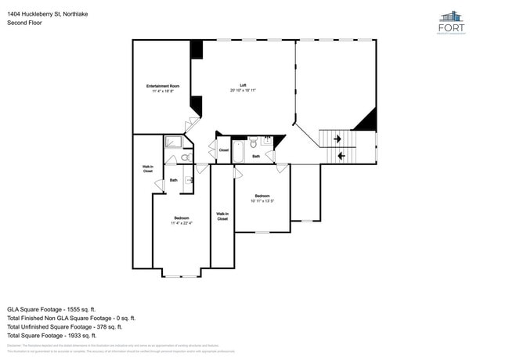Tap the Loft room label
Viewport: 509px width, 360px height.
point(243,88)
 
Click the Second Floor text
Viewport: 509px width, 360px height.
point(24,23)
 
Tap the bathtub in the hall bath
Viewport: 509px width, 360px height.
point(239,151)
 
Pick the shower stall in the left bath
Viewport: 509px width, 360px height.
point(172,142)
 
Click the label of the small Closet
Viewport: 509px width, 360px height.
point(223,149)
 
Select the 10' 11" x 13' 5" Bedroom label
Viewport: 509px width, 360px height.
point(262,198)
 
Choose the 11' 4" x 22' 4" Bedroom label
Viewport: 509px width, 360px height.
point(181,220)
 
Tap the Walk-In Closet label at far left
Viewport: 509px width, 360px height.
point(147,168)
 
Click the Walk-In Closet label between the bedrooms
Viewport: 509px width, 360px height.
point(222,216)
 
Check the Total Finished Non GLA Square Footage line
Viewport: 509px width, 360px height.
point(71,318)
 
